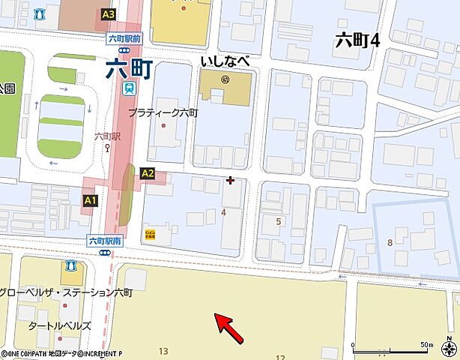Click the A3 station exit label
click(x=109, y=14)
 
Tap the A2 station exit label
click(x=148, y=173)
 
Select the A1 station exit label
click(x=90, y=200)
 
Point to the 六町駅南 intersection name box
click(x=104, y=241)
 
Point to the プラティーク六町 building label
click(x=163, y=112)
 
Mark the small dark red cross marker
click(x=230, y=180)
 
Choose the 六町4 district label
click(x=357, y=40)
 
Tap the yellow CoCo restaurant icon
click(x=150, y=233)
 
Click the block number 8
click(x=390, y=241)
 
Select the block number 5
click(x=279, y=221)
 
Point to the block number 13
click(x=163, y=351)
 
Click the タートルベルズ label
click(x=59, y=325)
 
